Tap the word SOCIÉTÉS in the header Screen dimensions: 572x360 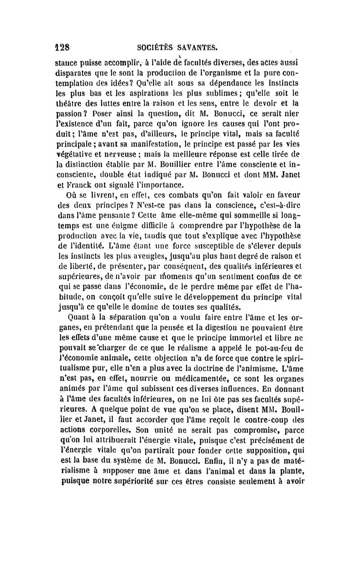click(x=155, y=46)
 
